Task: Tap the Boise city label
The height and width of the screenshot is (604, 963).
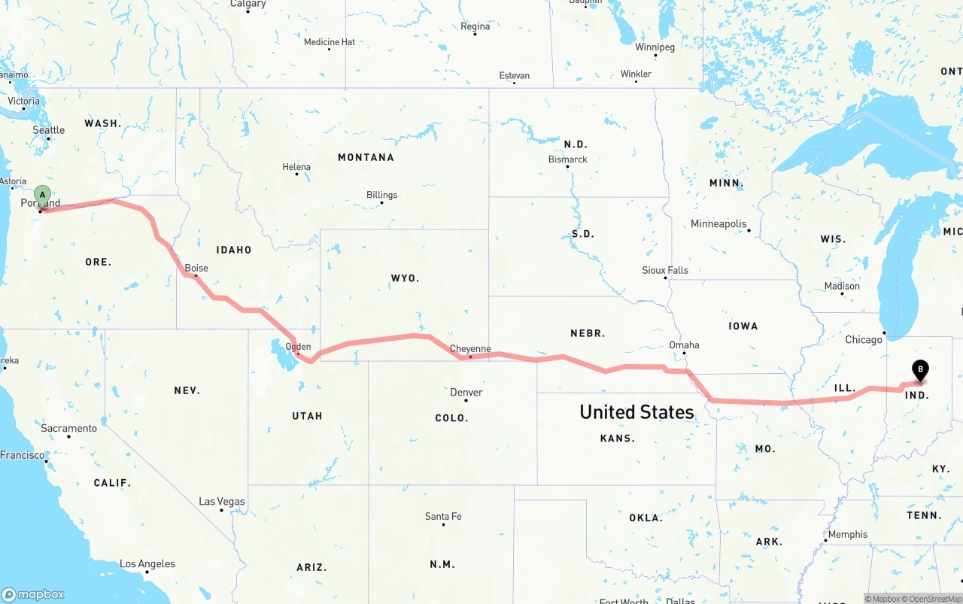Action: coord(196,268)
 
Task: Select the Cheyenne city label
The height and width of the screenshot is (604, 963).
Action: coord(470,349)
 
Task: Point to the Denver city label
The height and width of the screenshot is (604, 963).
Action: coord(466,392)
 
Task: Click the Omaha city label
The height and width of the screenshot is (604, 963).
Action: coord(684,345)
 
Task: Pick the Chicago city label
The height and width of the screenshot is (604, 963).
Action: coord(864,340)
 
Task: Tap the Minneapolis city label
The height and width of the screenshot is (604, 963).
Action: coord(718,223)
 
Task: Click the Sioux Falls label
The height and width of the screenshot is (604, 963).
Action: coord(665,270)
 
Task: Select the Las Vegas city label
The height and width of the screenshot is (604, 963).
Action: coord(221,502)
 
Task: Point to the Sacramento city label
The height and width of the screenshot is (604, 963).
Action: coord(68,428)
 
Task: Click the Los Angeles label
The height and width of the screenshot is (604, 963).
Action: coord(147,563)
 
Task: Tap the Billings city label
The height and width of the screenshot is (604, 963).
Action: coord(381,195)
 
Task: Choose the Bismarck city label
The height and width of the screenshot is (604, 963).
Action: coord(568,159)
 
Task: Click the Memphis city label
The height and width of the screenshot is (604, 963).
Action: coord(848,535)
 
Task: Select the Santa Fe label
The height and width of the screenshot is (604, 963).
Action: coord(443,516)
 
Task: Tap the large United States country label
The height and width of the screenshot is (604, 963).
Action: coord(636,411)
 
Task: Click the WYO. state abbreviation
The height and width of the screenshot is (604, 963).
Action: coord(405,278)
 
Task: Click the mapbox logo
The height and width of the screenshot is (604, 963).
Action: coord(33,594)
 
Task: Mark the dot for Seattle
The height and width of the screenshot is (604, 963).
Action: coord(48,138)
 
